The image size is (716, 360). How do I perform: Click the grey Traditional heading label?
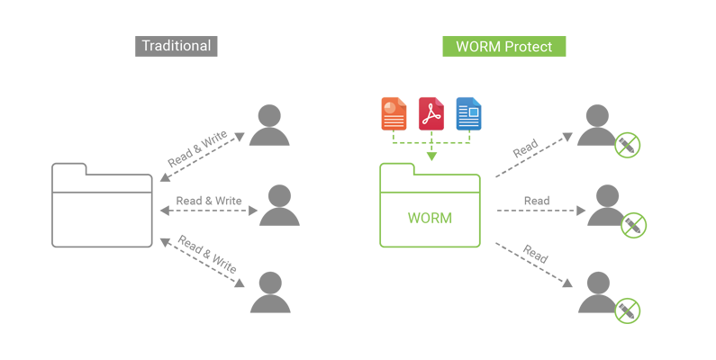tap(177, 46)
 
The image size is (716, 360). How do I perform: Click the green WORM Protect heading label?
tap(503, 46)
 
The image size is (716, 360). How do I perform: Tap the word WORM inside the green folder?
tap(430, 218)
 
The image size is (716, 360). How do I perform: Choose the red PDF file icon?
tap(431, 113)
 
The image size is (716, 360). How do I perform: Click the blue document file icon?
tap(468, 113)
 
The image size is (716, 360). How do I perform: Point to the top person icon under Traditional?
tap(269, 125)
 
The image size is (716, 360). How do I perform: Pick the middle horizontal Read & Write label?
tap(209, 201)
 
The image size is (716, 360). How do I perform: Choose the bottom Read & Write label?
tap(208, 254)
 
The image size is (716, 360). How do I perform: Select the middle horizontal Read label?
tap(537, 201)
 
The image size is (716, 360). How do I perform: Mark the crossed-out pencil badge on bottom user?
tap(627, 310)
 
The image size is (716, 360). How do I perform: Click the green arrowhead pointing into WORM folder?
tap(431, 157)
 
